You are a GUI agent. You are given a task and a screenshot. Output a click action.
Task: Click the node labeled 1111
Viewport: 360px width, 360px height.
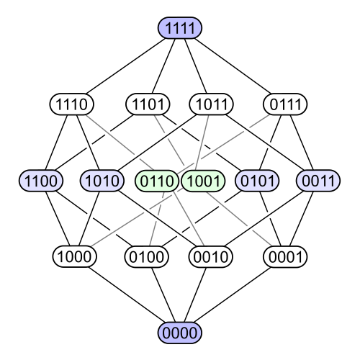coord(180,28)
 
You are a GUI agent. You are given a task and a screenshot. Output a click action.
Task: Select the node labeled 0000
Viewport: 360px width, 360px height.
coord(180,333)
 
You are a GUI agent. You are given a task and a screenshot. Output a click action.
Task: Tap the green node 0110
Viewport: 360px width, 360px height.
coord(157,181)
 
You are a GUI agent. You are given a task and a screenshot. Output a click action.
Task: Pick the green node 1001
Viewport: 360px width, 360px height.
coord(204,181)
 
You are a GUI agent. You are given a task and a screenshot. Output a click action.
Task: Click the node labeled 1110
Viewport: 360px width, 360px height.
coord(72,104)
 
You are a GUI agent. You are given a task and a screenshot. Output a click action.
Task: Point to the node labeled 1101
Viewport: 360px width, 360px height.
coord(148,104)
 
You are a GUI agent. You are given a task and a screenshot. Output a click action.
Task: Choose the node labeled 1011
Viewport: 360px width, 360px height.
coord(211,104)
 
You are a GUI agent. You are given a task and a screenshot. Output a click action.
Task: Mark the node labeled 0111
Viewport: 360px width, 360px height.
coord(285,104)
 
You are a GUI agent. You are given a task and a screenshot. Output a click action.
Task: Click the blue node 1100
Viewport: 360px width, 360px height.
coord(41,181)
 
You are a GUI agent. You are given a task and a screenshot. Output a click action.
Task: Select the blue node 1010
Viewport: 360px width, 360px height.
coord(102,181)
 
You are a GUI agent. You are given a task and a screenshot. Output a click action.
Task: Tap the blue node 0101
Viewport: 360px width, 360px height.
coord(257,181)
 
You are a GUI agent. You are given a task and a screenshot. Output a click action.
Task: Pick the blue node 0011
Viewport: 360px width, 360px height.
coord(318,181)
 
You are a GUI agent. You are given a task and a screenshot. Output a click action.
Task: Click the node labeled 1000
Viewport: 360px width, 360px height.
coord(75,256)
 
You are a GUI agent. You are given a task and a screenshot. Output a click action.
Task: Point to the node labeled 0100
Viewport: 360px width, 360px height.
coord(146,256)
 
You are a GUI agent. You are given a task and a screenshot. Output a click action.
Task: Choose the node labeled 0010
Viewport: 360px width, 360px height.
coord(211,256)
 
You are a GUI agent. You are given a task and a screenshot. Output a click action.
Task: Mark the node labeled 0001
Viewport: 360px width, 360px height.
coord(285,256)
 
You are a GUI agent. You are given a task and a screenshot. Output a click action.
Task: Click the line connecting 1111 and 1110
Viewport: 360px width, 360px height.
coord(126,66)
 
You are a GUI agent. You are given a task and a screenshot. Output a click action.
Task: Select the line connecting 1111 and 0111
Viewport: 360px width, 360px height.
coord(233,66)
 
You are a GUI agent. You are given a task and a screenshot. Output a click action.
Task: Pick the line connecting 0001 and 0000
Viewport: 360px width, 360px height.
coord(233,294)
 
